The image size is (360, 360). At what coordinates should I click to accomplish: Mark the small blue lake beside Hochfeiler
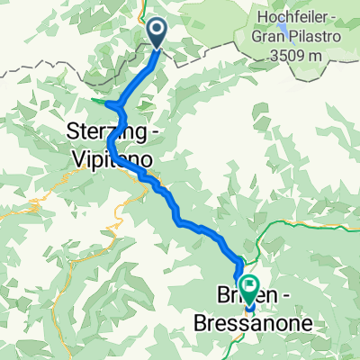click(284, 27)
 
